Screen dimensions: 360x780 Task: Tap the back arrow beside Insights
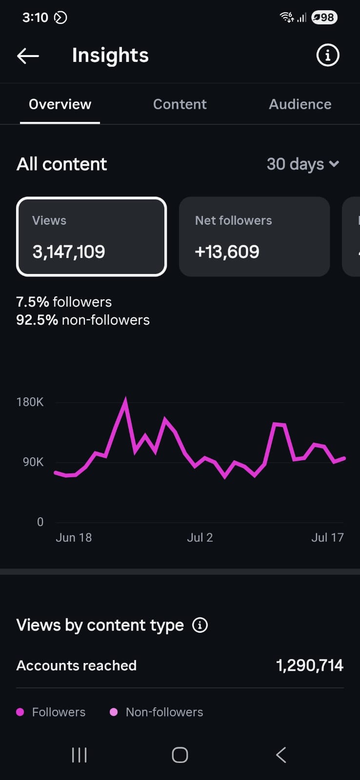[x=28, y=56]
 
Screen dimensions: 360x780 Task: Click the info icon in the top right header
[x=328, y=55]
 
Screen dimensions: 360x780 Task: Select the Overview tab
[x=60, y=104]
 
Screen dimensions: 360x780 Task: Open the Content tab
[x=180, y=104]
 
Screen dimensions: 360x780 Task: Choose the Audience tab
[x=300, y=104]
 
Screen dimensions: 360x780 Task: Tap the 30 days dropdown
[x=303, y=164]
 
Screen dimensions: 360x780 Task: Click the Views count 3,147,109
[x=69, y=252]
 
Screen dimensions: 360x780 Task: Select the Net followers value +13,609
[x=227, y=252]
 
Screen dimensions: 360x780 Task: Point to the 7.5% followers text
[x=64, y=302]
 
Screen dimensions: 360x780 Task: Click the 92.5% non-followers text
[x=83, y=320]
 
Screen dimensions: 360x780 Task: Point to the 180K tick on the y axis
[x=30, y=402]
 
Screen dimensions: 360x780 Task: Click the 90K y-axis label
[x=33, y=462]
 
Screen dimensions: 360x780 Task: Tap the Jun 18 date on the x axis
[x=74, y=538]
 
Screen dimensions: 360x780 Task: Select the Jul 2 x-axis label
[x=200, y=538]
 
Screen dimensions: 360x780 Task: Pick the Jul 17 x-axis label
[x=327, y=538]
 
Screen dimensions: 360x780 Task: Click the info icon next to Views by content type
[x=200, y=625]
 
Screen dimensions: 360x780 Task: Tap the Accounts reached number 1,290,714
[x=310, y=665]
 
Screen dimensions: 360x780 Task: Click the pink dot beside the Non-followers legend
[x=114, y=712]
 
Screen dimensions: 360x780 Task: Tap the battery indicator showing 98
[x=324, y=18]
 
